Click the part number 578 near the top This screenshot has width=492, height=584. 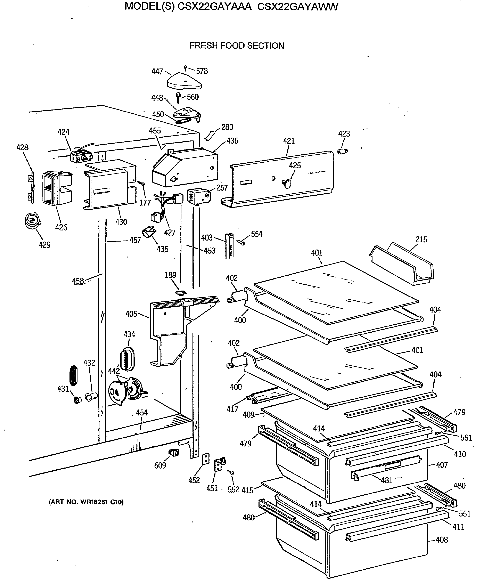click(202, 71)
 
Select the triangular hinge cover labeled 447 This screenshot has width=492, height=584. click(184, 81)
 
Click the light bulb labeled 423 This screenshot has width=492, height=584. click(342, 151)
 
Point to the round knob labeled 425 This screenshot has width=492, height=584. click(287, 183)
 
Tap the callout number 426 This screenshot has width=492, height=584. click(61, 227)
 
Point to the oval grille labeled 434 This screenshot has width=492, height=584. click(127, 359)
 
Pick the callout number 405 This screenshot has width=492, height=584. click(131, 314)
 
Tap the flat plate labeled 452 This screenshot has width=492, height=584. click(206, 459)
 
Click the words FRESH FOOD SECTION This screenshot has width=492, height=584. click(237, 46)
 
